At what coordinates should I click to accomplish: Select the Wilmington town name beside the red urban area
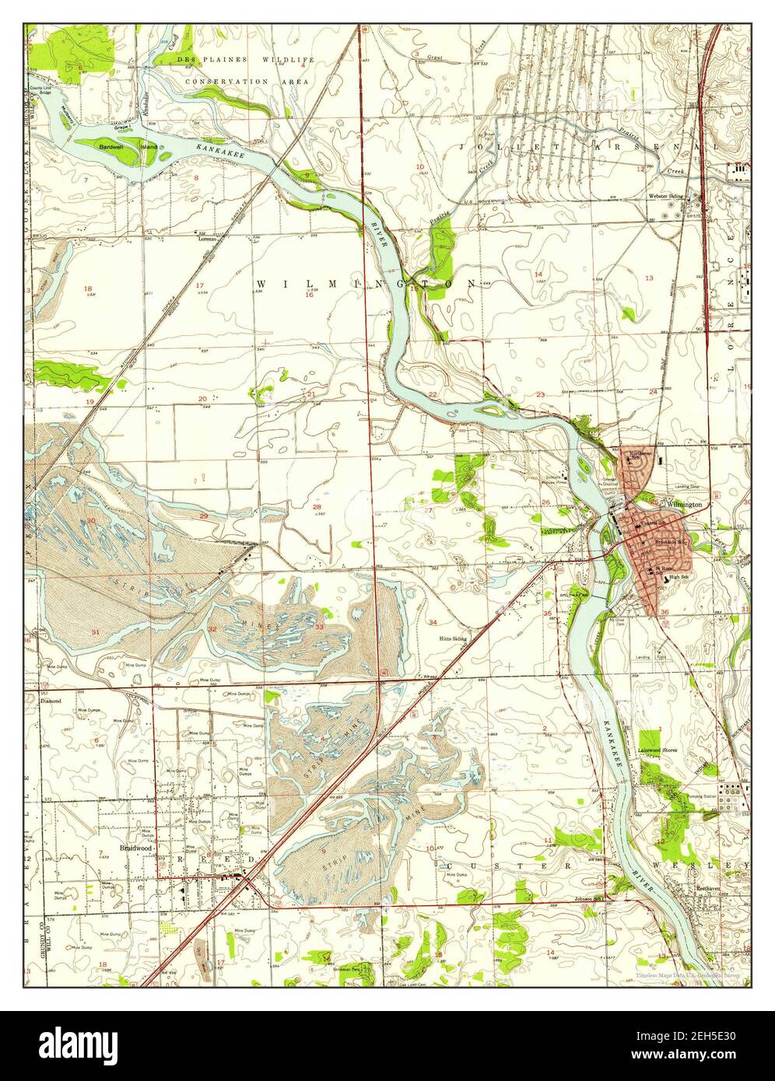click(684, 505)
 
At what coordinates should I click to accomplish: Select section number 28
click(317, 507)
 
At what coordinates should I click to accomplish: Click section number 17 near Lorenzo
click(199, 285)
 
